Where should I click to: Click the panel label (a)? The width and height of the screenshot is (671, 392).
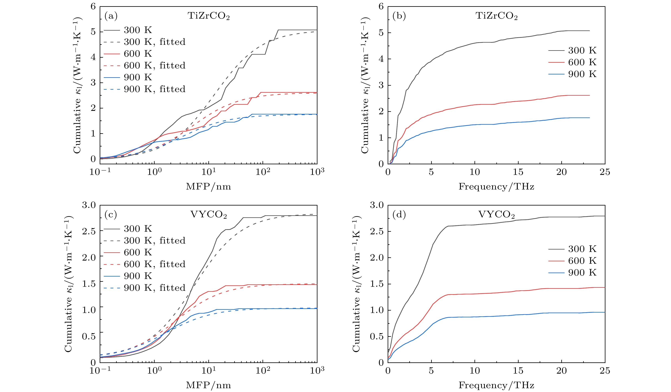tap(111, 16)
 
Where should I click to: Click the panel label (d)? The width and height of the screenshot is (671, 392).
tap(399, 215)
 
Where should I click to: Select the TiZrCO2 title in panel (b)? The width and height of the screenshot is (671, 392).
tap(497, 16)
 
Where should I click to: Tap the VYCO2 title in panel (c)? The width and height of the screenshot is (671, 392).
tap(209, 215)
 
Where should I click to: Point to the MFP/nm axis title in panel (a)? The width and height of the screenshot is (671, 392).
tap(208, 186)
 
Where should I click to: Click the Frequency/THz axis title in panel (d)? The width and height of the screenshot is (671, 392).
tap(496, 385)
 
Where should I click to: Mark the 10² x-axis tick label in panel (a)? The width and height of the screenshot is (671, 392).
tap(263, 172)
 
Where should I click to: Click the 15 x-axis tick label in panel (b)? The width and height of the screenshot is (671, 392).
tap(518, 172)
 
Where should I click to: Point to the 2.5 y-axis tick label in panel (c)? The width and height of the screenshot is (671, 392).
tap(89, 231)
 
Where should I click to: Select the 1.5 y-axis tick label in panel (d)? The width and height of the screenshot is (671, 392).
tap(377, 284)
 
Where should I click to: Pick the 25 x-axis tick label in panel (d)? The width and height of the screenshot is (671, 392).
tap(605, 370)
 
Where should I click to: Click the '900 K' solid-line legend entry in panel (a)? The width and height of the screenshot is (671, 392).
tap(138, 77)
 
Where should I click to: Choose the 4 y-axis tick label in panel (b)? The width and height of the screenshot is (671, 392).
tap(381, 59)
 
